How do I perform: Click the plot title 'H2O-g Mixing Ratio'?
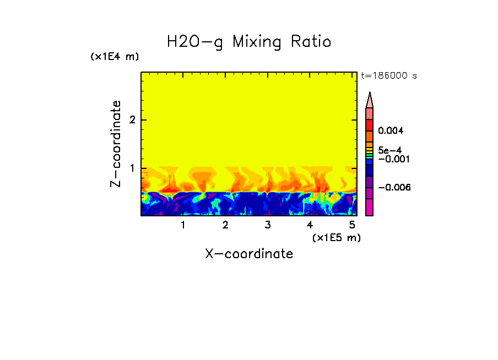pos(249,42)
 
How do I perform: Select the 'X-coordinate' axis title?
pos(249,254)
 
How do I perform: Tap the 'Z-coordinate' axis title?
pos(116,144)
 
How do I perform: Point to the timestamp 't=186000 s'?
pos(389,75)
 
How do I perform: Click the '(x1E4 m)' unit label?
pos(115,57)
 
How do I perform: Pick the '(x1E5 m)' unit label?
pos(336,237)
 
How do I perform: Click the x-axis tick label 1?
pos(183,225)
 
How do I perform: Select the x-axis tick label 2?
pos(225,225)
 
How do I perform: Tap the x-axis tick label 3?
pos(267,225)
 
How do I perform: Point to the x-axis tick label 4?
pos(310,225)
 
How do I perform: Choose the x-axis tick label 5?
pos(352,225)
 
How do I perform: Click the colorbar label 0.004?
pos(391,131)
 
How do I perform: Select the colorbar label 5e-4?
pos(389,150)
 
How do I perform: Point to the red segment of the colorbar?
pos(370,124)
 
